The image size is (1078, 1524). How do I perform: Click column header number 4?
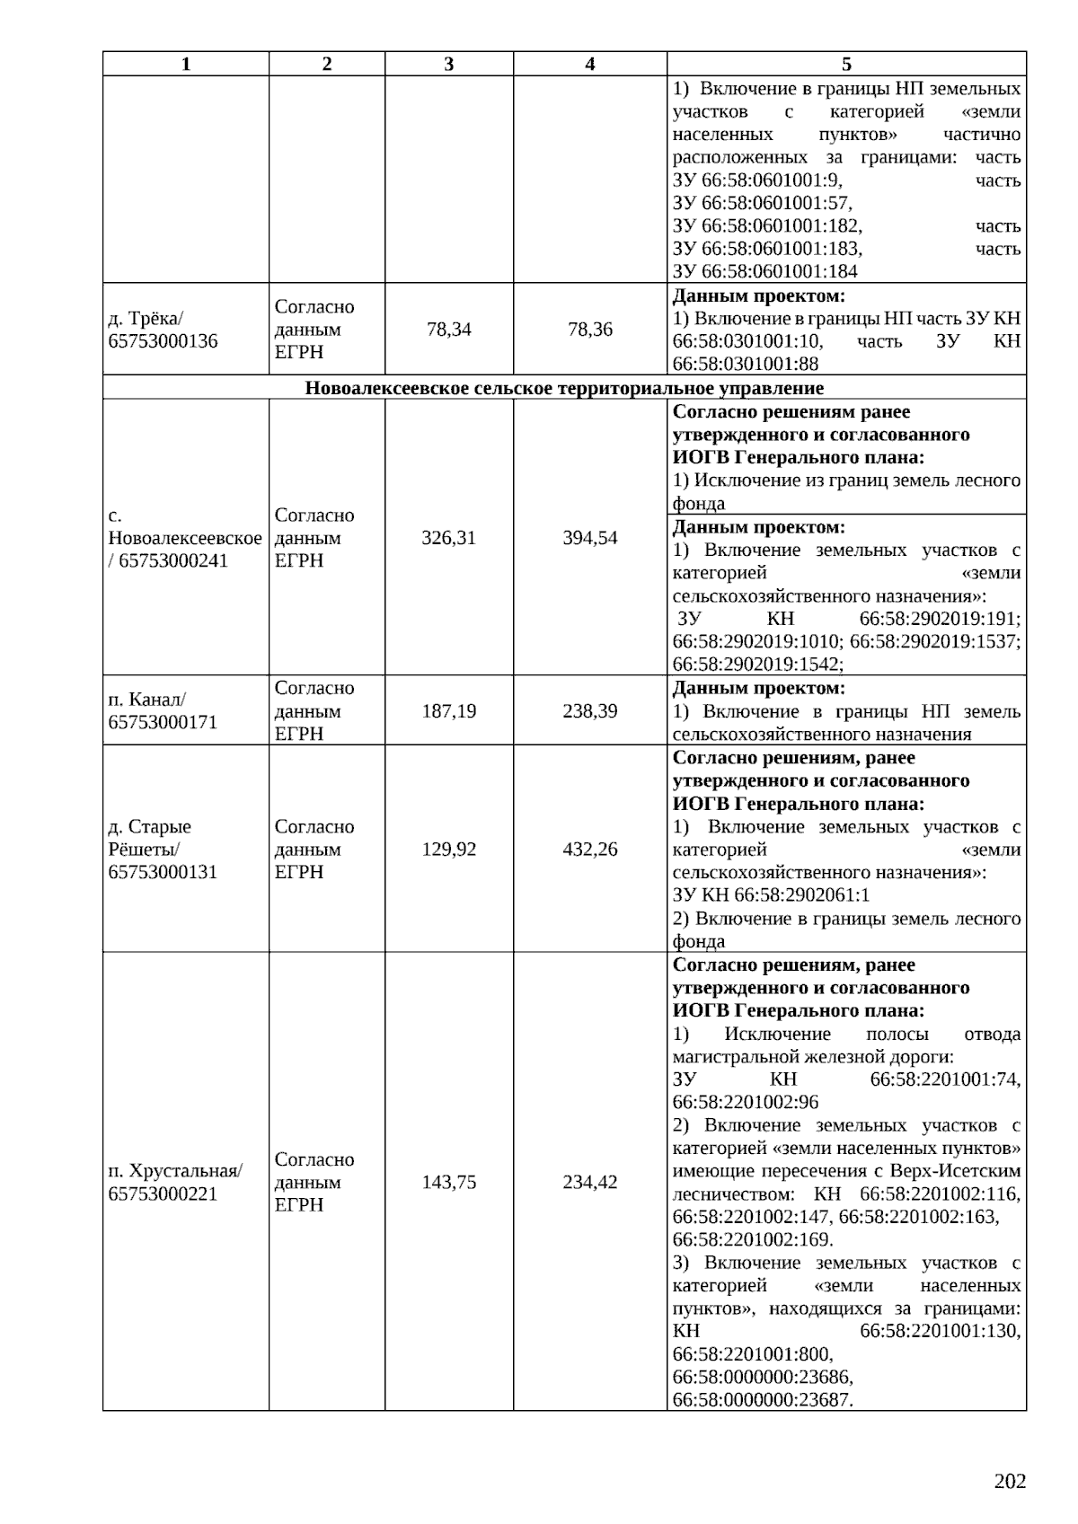[x=589, y=64]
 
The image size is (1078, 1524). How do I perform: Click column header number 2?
[x=326, y=64]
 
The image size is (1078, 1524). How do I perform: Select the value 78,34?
[x=449, y=330]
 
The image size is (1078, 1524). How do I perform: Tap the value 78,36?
[x=590, y=330]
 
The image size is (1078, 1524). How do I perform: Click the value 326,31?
[x=449, y=538]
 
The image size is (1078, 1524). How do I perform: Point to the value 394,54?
[x=590, y=538]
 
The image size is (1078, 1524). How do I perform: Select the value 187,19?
[x=449, y=711]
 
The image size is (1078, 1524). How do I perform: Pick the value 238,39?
[x=590, y=711]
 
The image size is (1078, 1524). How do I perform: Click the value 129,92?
[x=449, y=849]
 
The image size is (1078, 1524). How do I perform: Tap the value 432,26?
[x=590, y=849]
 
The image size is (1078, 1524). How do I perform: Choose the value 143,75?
[x=449, y=1182]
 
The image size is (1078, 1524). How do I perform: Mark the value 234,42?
[x=590, y=1182]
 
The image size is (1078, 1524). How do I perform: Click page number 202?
[x=1010, y=1481]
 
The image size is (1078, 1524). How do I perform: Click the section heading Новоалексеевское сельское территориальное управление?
[x=564, y=388]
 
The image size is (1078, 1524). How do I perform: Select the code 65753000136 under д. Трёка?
[x=163, y=341]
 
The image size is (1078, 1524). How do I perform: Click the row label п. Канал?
[x=147, y=699]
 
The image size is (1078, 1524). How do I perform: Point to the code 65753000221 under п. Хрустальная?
[x=163, y=1194]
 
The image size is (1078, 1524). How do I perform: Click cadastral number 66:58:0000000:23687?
[x=762, y=1399]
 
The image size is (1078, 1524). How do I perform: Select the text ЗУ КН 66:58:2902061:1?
[x=771, y=895]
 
